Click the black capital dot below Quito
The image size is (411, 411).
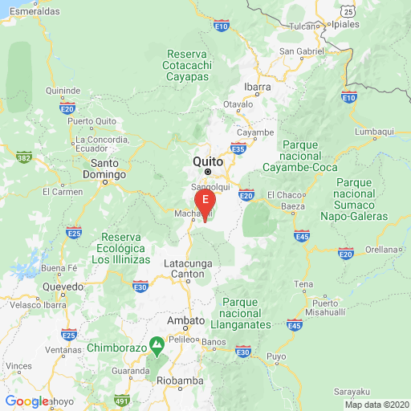[208, 172]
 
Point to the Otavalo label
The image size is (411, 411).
[238, 104]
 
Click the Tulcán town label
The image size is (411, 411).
[303, 26]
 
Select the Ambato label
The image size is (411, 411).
[185, 320]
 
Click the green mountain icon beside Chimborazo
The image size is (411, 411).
[159, 348]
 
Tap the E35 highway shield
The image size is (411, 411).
[238, 149]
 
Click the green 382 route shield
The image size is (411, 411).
[24, 158]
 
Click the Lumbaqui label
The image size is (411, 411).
[372, 131]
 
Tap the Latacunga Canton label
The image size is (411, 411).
[188, 268]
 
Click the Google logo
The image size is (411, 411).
[26, 401]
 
